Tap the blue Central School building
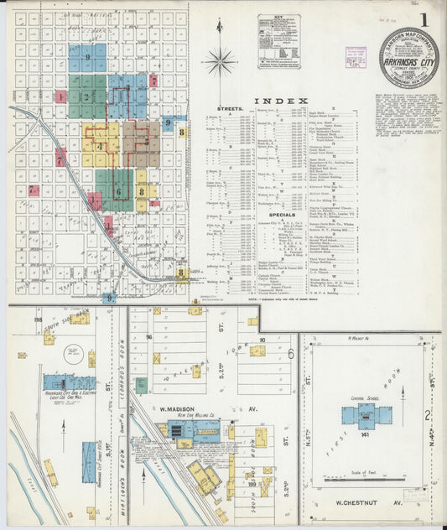pos(366,415)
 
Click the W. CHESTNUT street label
pos(364,503)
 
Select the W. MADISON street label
pos(174,411)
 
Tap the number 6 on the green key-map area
pos(118,192)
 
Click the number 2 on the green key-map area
pos(86,97)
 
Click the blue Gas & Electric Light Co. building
pos(69,382)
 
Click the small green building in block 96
pos(141,385)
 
